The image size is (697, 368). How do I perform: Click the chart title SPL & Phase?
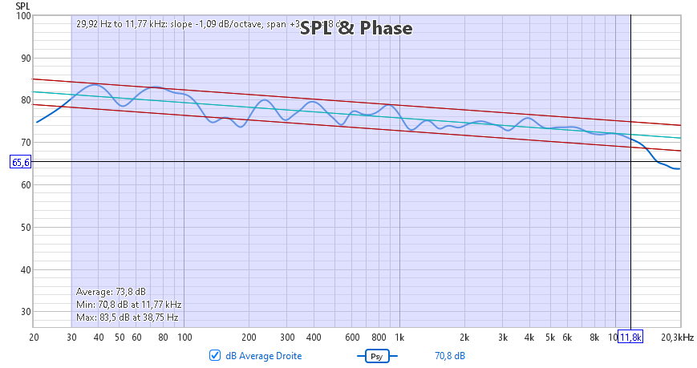pos(356,29)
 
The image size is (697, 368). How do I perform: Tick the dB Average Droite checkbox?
pos(214,355)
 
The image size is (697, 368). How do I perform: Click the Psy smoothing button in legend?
pos(375,355)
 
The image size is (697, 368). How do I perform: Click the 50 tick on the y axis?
pos(24,227)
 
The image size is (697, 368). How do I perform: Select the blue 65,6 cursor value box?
pos(21,162)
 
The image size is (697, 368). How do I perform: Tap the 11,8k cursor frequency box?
pos(630,338)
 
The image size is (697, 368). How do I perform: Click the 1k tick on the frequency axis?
pos(399,338)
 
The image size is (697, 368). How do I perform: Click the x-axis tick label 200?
pos(249,338)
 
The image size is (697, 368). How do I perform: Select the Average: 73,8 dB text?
pos(111,291)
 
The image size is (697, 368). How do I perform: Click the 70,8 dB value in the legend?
pos(450,355)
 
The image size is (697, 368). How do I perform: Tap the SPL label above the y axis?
pos(22,6)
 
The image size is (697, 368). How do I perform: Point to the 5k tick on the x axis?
pos(549,338)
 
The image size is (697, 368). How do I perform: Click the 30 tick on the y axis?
pos(24,311)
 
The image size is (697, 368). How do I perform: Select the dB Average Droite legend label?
pos(263,355)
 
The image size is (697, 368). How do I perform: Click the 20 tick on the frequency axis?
pos(34,338)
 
